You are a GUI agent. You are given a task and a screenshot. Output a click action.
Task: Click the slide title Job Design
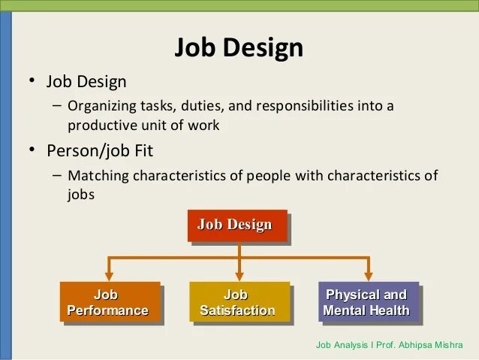239,48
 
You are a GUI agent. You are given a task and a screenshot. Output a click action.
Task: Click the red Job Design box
235,225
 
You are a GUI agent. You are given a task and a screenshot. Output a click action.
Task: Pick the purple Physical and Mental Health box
366,302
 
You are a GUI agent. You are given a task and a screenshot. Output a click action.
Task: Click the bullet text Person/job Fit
100,150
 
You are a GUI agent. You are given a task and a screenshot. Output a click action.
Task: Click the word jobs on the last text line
81,194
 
